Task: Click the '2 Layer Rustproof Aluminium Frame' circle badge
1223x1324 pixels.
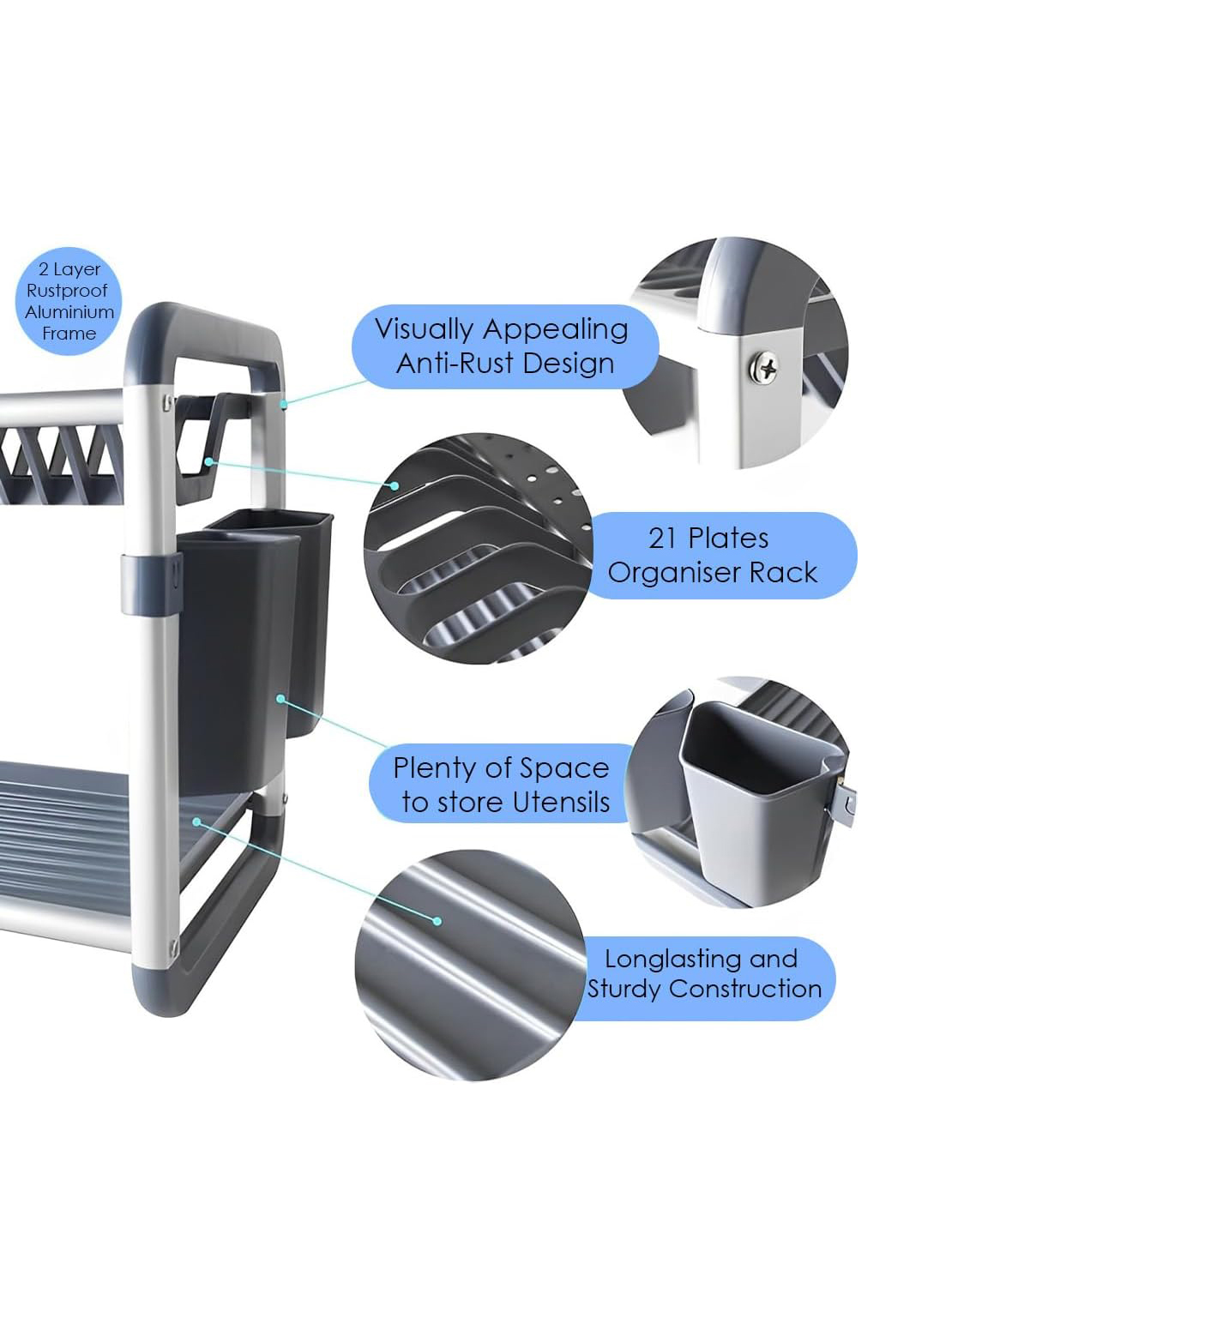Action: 69,301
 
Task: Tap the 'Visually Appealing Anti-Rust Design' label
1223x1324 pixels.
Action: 504,346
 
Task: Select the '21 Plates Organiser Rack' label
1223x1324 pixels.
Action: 720,555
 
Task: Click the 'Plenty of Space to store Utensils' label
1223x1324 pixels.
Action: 502,784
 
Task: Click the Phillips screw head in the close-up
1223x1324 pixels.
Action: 763,368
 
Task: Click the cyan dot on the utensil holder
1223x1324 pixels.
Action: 280,699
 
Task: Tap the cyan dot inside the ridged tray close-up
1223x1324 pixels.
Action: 437,921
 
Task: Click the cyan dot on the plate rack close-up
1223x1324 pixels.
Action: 395,485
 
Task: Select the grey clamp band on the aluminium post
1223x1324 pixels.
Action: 151,584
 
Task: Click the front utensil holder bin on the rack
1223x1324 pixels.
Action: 236,660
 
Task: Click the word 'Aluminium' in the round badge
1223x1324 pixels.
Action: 69,312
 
